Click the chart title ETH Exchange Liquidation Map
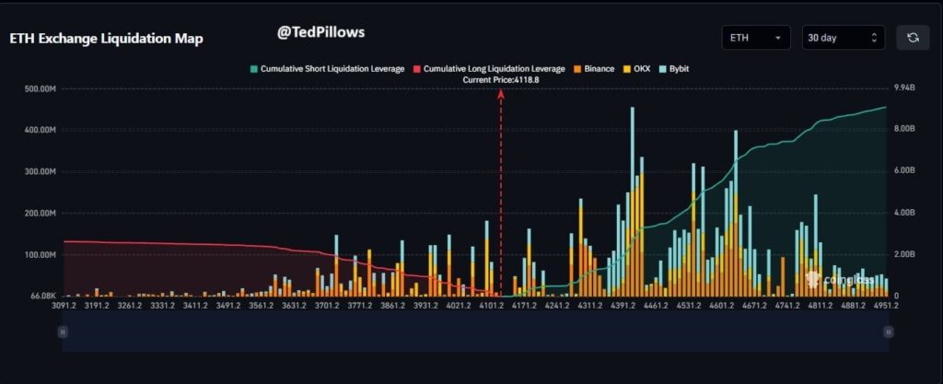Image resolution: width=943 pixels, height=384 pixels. [x=106, y=39]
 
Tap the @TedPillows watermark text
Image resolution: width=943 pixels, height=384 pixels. [x=321, y=31]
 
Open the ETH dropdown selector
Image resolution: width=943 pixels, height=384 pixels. [x=756, y=38]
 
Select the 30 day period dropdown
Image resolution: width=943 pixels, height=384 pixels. [x=843, y=38]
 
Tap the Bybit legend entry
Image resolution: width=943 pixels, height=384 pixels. [x=676, y=69]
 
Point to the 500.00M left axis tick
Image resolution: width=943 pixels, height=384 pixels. [x=40, y=89]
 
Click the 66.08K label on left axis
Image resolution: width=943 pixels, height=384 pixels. [x=43, y=296]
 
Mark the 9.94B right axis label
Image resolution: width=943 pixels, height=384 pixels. [x=905, y=88]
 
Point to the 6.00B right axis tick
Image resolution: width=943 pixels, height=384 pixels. [x=905, y=171]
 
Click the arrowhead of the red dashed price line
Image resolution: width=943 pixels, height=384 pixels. [x=501, y=92]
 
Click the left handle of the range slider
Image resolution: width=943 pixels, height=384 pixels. [x=62, y=331]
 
